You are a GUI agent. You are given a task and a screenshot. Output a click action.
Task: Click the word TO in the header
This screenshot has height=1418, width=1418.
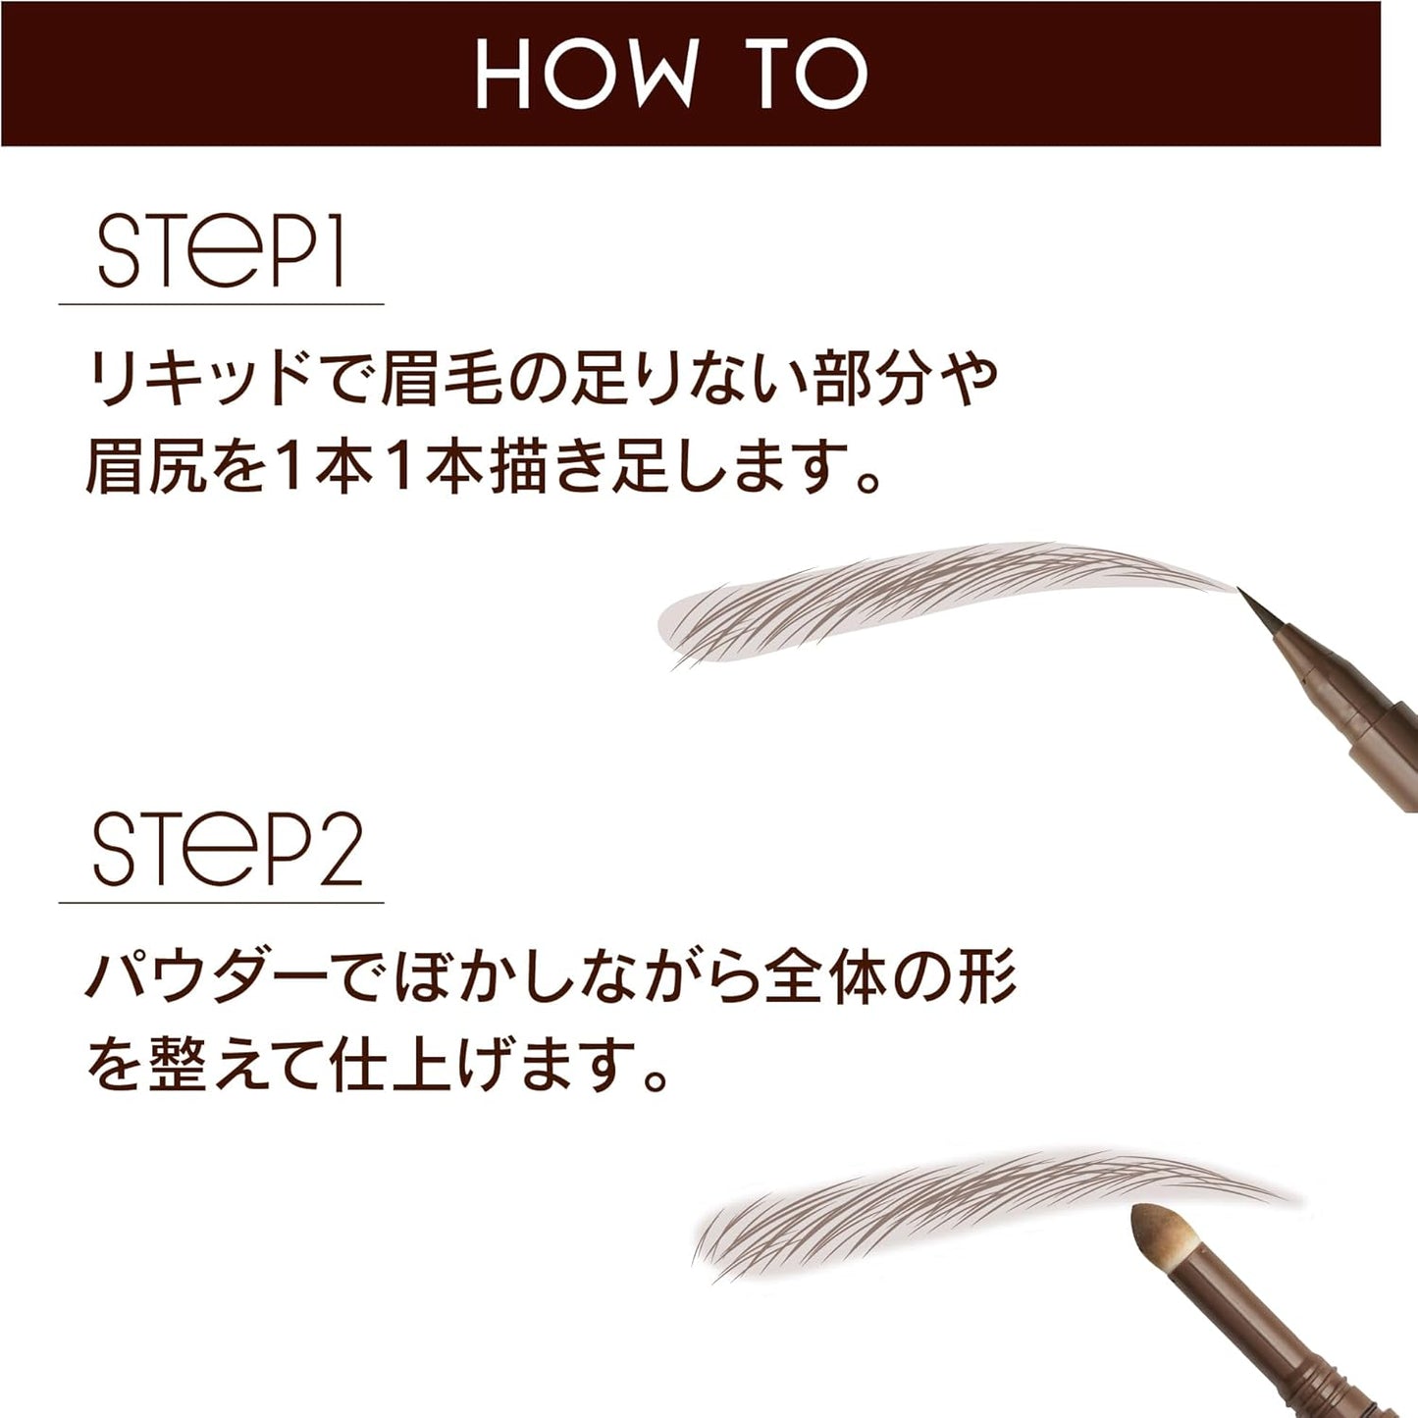click(x=810, y=74)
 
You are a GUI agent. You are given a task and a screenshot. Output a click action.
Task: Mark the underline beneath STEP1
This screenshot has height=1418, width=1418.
click(x=221, y=304)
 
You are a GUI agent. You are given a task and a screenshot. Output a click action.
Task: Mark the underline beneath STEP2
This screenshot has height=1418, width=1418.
click(x=221, y=902)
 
